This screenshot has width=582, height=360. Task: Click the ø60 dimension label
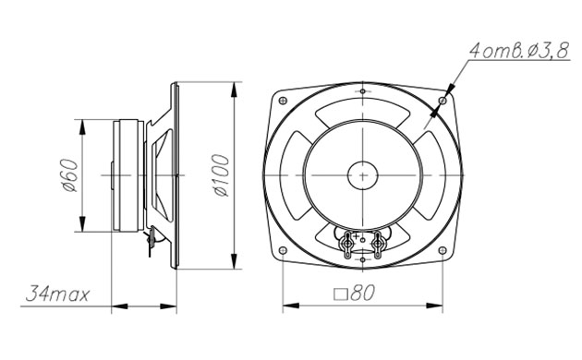click(x=70, y=175)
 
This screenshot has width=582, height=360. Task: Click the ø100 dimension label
click(x=222, y=175)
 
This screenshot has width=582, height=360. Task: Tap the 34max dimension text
click(x=57, y=294)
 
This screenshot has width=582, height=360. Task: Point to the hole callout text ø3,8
click(x=548, y=51)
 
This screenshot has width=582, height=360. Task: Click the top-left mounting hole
click(x=283, y=101)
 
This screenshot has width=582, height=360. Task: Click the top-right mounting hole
click(x=443, y=101)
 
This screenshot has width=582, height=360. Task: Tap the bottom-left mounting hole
click(x=283, y=250)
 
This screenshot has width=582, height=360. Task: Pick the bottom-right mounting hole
click(x=443, y=250)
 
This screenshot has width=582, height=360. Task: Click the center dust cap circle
click(x=363, y=175)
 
